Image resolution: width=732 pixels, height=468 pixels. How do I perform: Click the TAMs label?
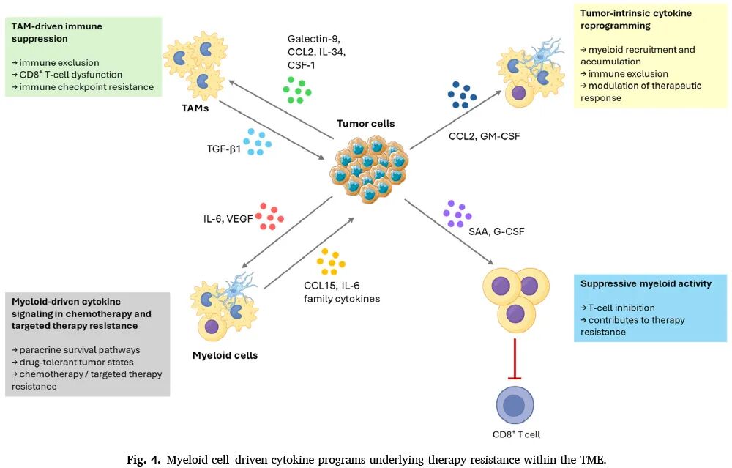[195, 108]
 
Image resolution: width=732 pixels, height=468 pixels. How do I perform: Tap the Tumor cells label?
[365, 123]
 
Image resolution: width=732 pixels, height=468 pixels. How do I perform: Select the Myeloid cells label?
[225, 355]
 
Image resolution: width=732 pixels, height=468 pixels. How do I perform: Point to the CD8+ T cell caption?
[516, 434]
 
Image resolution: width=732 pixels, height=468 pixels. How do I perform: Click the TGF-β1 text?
[223, 149]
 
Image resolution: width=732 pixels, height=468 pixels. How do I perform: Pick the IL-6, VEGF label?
[228, 218]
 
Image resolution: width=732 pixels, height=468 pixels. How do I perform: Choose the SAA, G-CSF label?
[496, 231]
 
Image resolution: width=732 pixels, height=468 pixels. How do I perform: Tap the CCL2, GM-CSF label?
[484, 136]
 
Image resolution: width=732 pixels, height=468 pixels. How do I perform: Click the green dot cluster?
[297, 90]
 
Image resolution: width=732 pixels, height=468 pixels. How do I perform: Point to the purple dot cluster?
[457, 214]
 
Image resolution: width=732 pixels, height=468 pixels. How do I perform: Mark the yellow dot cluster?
[331, 261]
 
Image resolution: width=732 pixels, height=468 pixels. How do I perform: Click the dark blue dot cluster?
[462, 94]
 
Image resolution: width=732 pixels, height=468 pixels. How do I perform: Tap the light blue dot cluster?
[257, 142]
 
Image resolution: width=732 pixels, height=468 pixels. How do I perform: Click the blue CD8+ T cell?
[515, 405]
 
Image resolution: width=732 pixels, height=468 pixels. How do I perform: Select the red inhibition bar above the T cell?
[515, 359]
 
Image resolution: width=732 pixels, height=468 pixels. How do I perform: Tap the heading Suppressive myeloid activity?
[646, 283]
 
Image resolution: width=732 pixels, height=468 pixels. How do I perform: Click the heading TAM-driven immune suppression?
[56, 32]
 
